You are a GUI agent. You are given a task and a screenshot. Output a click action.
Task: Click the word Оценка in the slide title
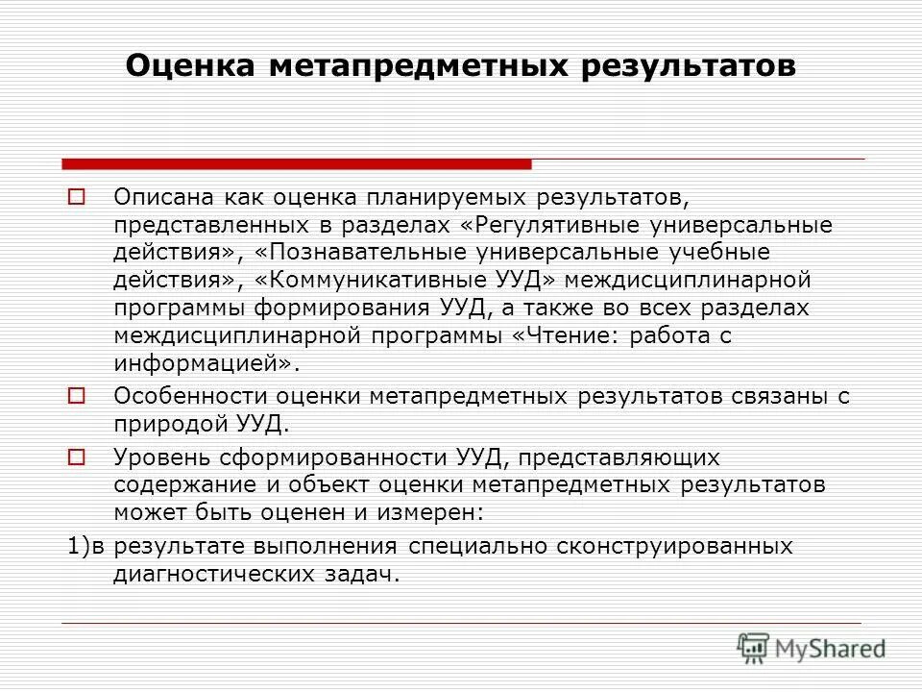[x=189, y=66]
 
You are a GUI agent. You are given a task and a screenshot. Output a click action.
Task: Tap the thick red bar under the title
[x=296, y=163]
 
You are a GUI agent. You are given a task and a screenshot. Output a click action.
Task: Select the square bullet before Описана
[x=77, y=197]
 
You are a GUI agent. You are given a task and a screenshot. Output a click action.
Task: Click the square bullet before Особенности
[x=77, y=395]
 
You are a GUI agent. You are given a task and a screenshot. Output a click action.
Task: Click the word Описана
[x=163, y=197]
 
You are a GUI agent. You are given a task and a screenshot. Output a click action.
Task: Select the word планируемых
[x=426, y=197]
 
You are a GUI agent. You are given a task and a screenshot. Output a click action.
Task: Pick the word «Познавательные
[x=361, y=253]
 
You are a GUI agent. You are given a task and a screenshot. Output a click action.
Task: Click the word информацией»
[x=206, y=363]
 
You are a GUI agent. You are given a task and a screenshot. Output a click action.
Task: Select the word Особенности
[x=189, y=395]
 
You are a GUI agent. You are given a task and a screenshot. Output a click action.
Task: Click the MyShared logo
[x=812, y=648]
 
